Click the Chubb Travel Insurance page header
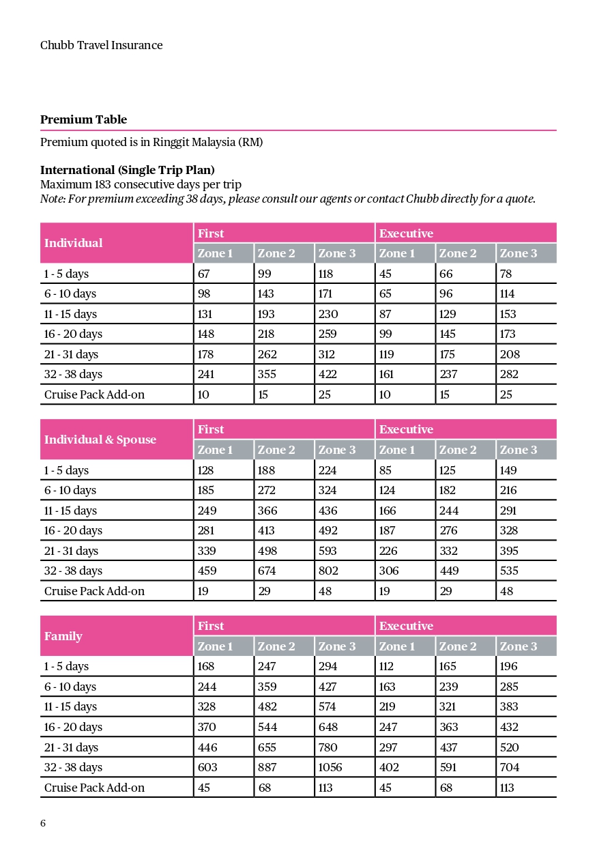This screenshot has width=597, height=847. (x=101, y=46)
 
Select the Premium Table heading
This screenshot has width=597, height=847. (x=83, y=119)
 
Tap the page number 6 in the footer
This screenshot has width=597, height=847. (x=43, y=823)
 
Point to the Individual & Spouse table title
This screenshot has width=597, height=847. (x=100, y=440)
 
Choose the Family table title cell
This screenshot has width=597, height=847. (x=63, y=636)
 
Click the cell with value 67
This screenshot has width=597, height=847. (x=204, y=274)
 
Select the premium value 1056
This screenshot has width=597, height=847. (x=330, y=767)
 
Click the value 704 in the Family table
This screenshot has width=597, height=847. (x=509, y=767)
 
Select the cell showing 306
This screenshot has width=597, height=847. (x=389, y=571)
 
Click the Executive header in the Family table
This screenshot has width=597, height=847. (x=406, y=626)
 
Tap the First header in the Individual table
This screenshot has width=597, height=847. (x=210, y=233)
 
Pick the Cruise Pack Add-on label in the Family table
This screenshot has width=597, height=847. (x=94, y=788)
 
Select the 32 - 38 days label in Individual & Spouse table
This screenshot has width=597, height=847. (x=73, y=571)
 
